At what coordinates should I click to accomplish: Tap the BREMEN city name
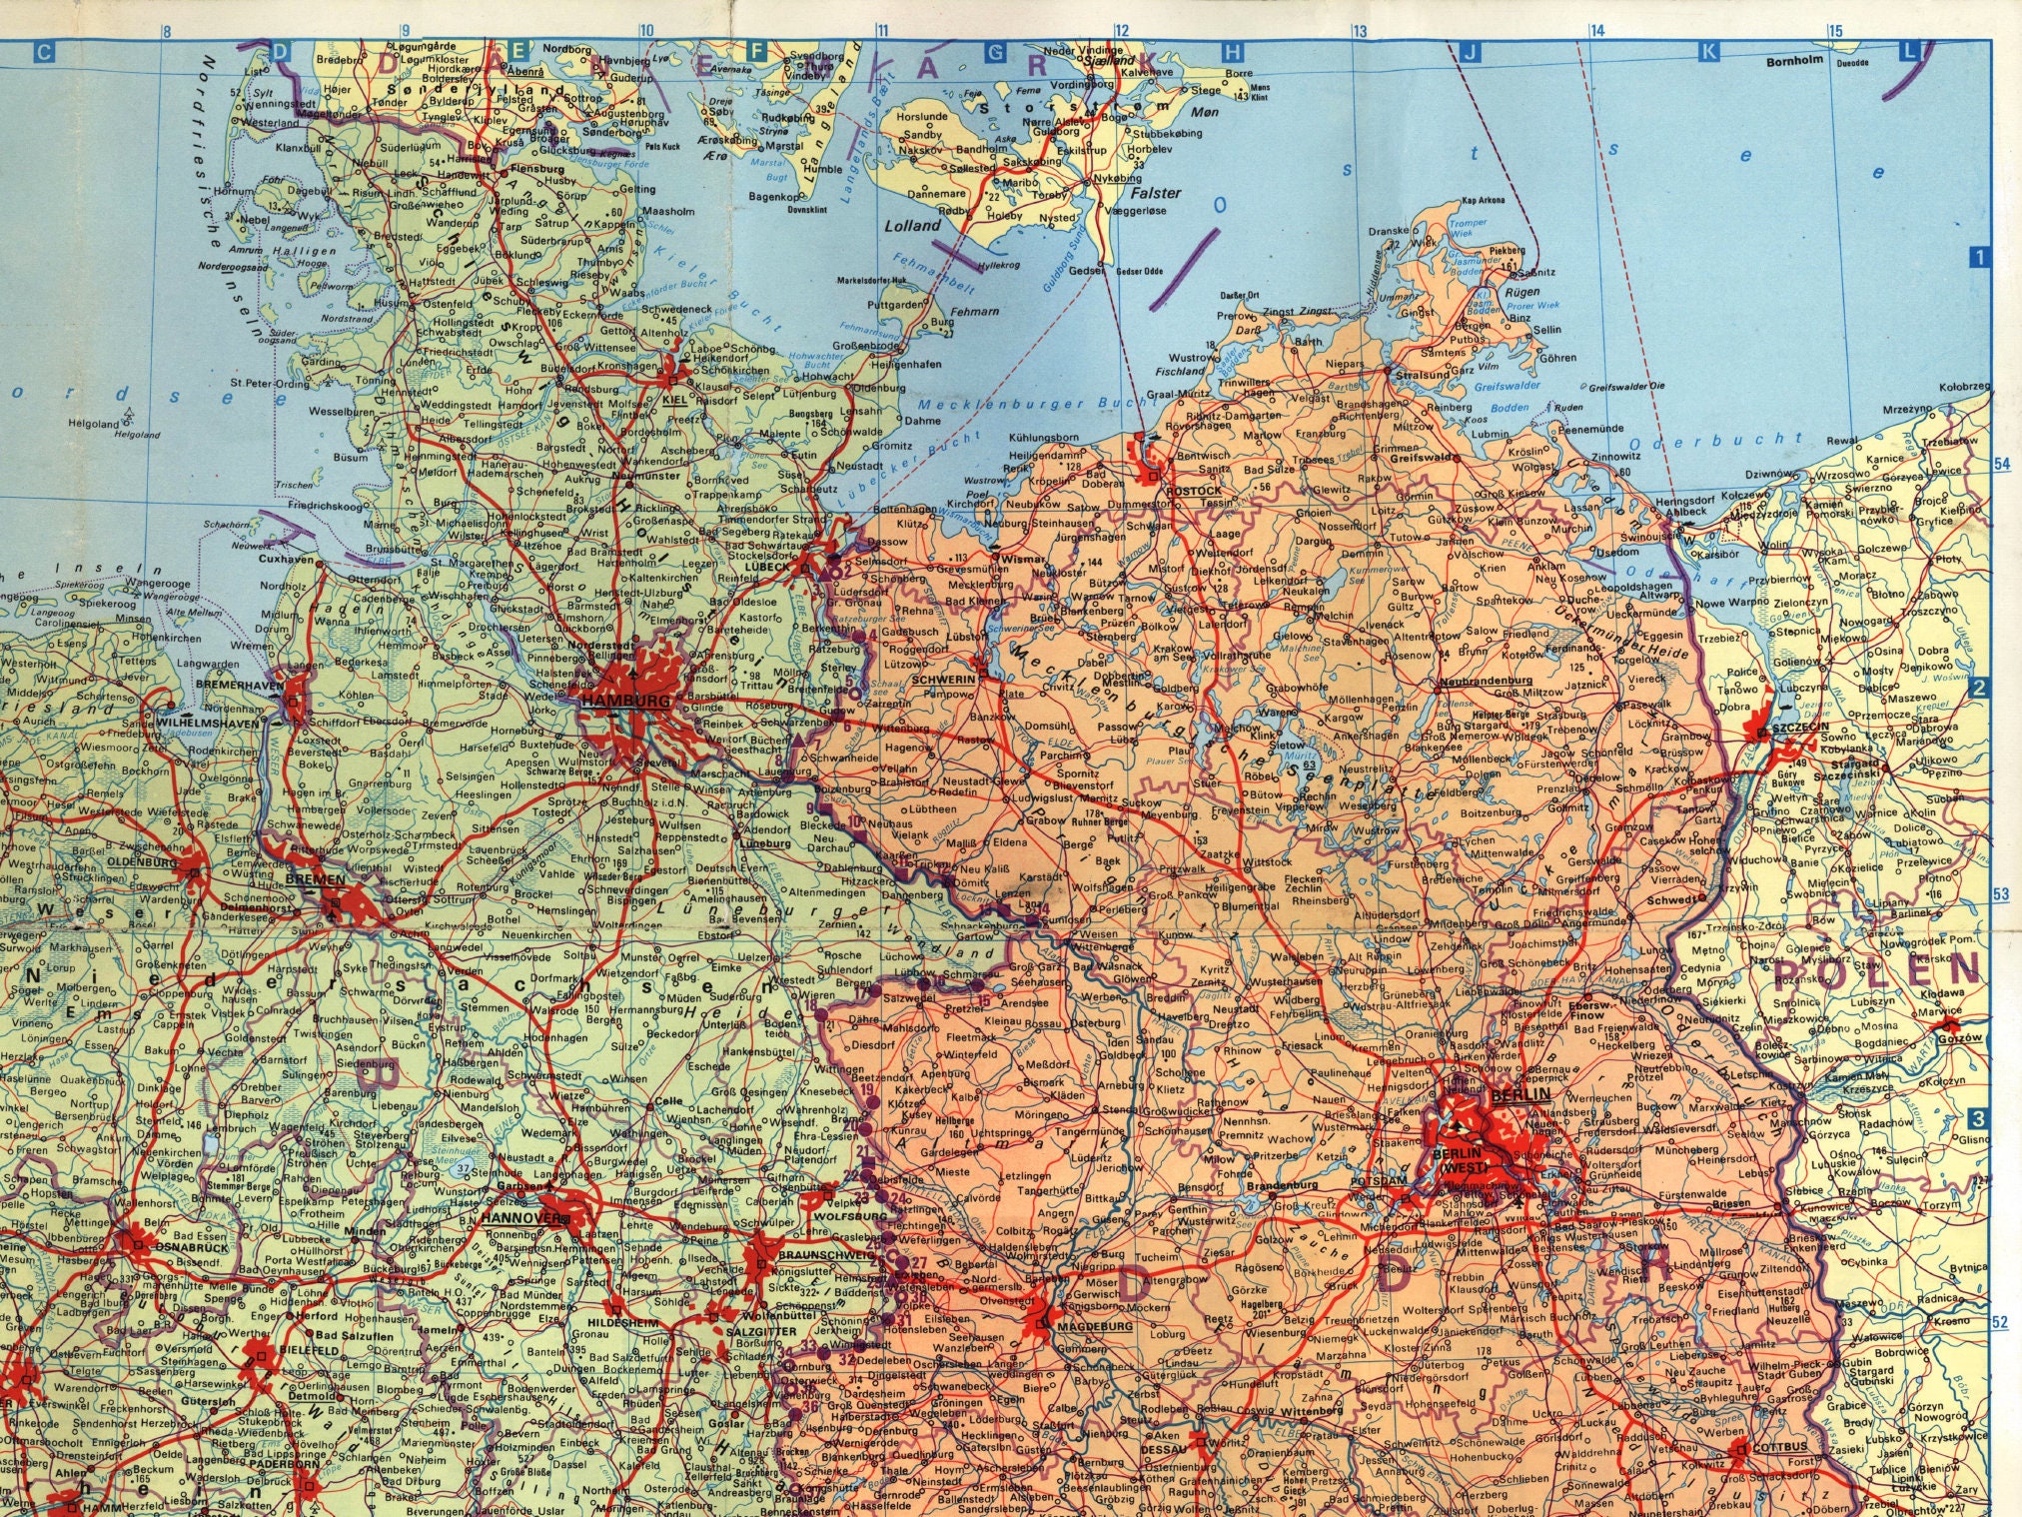point(316,880)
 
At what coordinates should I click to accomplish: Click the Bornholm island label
point(1794,60)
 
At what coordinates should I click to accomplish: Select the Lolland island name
point(912,226)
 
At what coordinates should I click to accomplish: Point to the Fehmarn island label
point(974,312)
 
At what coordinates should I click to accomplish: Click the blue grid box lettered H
point(1234,52)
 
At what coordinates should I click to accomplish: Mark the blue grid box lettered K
point(1709,52)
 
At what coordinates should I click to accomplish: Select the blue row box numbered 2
point(1978,688)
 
